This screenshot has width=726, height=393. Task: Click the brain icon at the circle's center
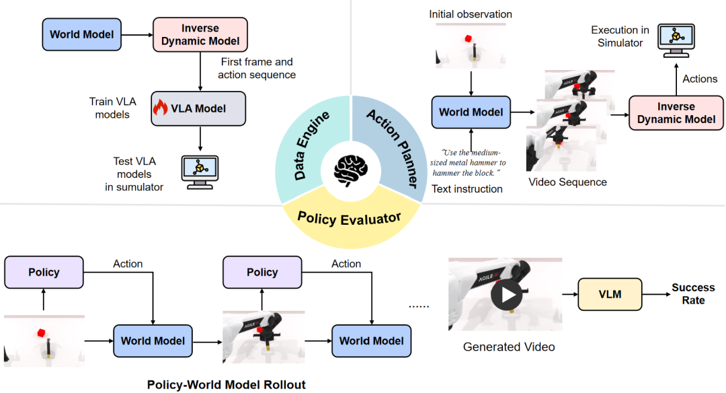click(351, 171)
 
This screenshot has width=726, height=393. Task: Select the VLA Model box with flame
click(198, 108)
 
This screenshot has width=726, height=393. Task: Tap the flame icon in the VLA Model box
click(161, 108)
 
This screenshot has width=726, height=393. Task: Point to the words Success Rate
click(693, 293)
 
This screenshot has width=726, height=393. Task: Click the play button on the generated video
click(505, 294)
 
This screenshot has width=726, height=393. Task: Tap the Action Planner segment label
click(392, 145)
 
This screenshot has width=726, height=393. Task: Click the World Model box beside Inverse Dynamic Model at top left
click(81, 34)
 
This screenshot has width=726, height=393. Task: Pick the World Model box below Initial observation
click(471, 112)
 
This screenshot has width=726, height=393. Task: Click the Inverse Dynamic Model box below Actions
click(676, 113)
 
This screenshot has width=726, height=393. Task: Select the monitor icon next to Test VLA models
click(200, 172)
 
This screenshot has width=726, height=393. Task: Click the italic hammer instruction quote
click(469, 162)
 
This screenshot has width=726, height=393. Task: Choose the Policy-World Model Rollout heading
click(227, 385)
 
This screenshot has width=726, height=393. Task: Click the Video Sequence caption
click(567, 182)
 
